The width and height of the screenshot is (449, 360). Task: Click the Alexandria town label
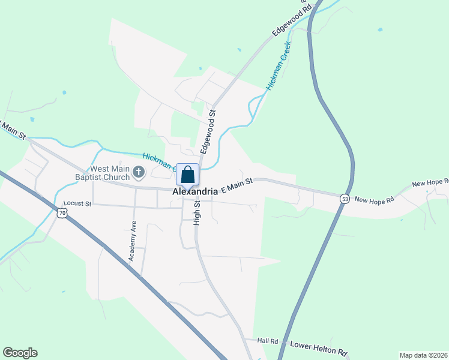pos(194,191)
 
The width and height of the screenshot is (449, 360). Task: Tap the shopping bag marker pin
pos(187,175)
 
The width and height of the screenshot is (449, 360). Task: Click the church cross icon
pos(138,173)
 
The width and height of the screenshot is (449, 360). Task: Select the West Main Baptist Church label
pos(110,173)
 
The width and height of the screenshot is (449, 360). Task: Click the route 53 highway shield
pos(344,199)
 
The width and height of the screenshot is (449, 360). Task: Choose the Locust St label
pos(77,204)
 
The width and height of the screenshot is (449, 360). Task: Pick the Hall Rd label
pos(267,341)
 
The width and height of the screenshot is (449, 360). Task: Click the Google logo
pos(20,353)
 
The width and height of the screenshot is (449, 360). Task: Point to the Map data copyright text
pos(423,355)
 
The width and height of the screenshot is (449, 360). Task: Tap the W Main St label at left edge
pos(12,130)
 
